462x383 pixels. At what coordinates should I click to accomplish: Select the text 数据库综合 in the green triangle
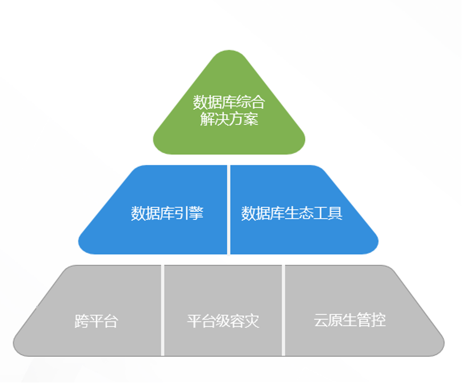click(x=229, y=101)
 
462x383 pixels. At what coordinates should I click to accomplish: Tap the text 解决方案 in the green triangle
click(x=229, y=119)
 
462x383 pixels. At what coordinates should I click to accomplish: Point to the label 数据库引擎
click(x=167, y=213)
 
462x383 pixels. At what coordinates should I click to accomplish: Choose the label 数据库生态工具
click(x=292, y=213)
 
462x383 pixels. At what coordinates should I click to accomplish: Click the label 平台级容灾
click(x=223, y=321)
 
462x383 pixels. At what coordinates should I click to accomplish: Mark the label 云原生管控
click(x=350, y=320)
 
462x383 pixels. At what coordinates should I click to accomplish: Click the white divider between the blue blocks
click(x=228, y=210)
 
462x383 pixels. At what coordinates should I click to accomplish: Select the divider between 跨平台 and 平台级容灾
click(x=162, y=310)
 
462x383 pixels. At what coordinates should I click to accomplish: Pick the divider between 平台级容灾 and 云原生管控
click(x=283, y=310)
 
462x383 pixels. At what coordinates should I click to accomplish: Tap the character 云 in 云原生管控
click(x=321, y=320)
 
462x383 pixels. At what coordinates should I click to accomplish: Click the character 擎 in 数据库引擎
click(x=196, y=213)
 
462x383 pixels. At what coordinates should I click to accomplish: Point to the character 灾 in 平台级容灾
click(x=252, y=321)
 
